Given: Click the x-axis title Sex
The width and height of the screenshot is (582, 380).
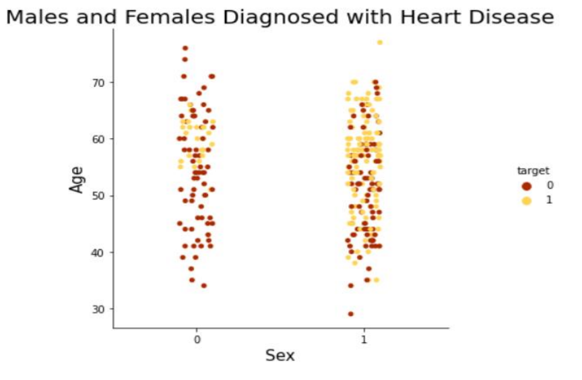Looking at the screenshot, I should coord(280,355).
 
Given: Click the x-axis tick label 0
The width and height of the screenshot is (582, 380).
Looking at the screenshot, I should coord(197,340).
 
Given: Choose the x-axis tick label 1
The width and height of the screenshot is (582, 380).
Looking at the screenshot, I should coord(364,340).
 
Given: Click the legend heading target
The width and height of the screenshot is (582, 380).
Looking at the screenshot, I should coord(530,170).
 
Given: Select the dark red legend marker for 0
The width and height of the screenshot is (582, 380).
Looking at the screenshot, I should coord(527,185).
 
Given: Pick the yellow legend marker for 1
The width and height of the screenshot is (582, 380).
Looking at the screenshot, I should coord(527,200).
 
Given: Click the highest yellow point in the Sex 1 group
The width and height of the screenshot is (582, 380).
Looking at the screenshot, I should coord(380,42).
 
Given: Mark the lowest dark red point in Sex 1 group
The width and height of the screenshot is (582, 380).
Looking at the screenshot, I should coord(350,314).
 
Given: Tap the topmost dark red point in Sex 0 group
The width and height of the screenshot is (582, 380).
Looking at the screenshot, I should coord(185,48).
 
